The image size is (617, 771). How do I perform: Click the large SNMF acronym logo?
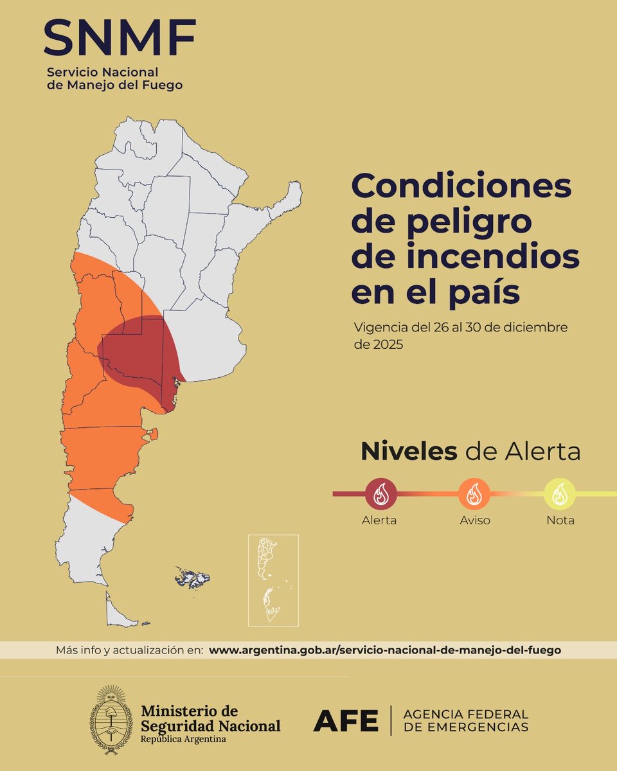click(x=120, y=37)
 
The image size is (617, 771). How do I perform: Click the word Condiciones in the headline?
click(x=461, y=187)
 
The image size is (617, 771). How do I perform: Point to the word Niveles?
click(x=409, y=452)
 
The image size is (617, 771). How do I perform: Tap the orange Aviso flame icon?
click(x=474, y=494)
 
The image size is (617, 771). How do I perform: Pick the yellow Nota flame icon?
click(x=560, y=494)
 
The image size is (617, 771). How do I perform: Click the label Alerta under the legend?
click(x=379, y=520)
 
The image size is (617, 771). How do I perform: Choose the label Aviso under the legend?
click(x=474, y=520)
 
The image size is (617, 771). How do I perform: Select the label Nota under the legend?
click(x=560, y=520)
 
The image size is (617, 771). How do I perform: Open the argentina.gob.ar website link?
click(x=385, y=650)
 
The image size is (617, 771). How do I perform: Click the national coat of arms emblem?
click(x=111, y=715)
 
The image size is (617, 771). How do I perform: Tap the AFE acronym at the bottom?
click(x=346, y=722)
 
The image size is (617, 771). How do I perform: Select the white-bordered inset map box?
click(x=273, y=580)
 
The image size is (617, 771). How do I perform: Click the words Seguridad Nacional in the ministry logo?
click(x=211, y=725)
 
